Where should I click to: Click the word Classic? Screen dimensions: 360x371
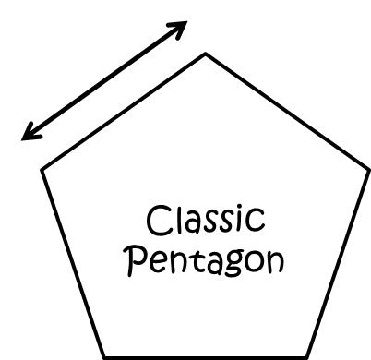tap(206, 222)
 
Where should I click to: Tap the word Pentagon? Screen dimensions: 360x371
tap(205, 261)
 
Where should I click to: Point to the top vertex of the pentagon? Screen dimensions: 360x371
tap(205, 54)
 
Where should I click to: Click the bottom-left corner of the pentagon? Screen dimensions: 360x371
tap(103, 357)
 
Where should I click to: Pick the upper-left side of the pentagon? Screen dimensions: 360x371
tap(123, 112)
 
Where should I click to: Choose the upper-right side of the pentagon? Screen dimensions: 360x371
tap(286, 112)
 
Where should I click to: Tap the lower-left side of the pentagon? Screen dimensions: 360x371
tap(72, 264)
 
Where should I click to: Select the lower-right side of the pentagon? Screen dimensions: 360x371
tap(337, 264)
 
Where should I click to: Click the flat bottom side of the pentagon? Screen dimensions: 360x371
tap(205, 357)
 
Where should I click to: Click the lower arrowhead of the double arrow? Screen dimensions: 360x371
tap(28, 136)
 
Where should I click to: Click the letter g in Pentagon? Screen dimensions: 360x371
tap(227, 266)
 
